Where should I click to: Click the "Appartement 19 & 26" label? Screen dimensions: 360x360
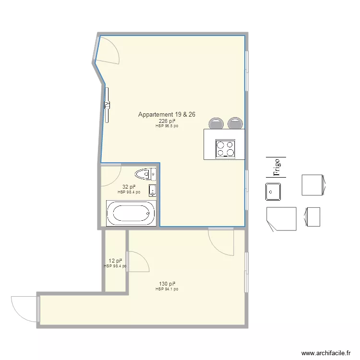166,115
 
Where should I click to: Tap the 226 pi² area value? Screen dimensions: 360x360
167,121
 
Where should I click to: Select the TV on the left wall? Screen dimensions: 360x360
108,104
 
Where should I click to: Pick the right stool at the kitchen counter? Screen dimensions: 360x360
235,123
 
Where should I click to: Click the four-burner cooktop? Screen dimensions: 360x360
225,148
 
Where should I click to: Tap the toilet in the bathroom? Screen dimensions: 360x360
144,173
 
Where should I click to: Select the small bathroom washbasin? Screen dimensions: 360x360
152,190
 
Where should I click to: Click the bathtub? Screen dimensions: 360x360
131,213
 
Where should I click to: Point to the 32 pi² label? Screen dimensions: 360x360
129,187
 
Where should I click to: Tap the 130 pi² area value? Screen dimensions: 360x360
167,284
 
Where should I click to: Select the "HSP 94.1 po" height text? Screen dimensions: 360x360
167,289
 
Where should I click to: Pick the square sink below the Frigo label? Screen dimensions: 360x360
274,192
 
